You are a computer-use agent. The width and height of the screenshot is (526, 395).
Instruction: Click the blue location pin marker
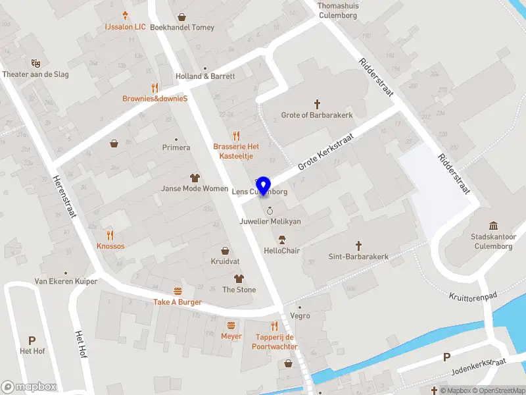tap(264, 186)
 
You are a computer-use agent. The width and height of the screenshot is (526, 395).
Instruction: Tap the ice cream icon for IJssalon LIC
tap(126, 16)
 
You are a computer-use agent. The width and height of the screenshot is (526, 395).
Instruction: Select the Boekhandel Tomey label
tap(182, 28)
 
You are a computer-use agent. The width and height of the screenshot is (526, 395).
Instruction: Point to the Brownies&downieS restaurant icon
tap(155, 87)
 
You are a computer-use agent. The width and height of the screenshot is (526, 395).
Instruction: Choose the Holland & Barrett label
tap(205, 76)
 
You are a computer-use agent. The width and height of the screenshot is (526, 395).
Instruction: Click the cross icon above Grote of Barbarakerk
tap(317, 103)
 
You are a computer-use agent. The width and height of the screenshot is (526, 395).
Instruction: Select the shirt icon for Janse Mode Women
tap(195, 177)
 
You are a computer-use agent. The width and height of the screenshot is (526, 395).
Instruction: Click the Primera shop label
tap(176, 147)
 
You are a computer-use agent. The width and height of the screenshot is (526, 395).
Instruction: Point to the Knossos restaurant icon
tap(110, 234)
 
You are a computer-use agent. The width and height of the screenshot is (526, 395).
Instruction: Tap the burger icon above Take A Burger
tap(178, 291)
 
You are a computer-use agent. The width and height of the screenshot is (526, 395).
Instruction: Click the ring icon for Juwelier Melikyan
tap(270, 211)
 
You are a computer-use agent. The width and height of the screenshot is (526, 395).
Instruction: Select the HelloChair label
tap(282, 251)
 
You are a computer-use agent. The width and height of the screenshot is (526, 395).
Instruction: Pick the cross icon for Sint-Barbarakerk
tap(358, 245)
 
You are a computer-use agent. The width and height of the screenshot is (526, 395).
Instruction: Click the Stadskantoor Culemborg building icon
tap(494, 224)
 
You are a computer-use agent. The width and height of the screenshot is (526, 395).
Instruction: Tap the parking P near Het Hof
tap(32, 340)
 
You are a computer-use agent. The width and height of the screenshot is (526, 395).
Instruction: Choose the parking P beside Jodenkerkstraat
tap(447, 357)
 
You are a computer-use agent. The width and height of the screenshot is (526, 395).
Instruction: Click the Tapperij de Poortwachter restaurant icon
tap(274, 326)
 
